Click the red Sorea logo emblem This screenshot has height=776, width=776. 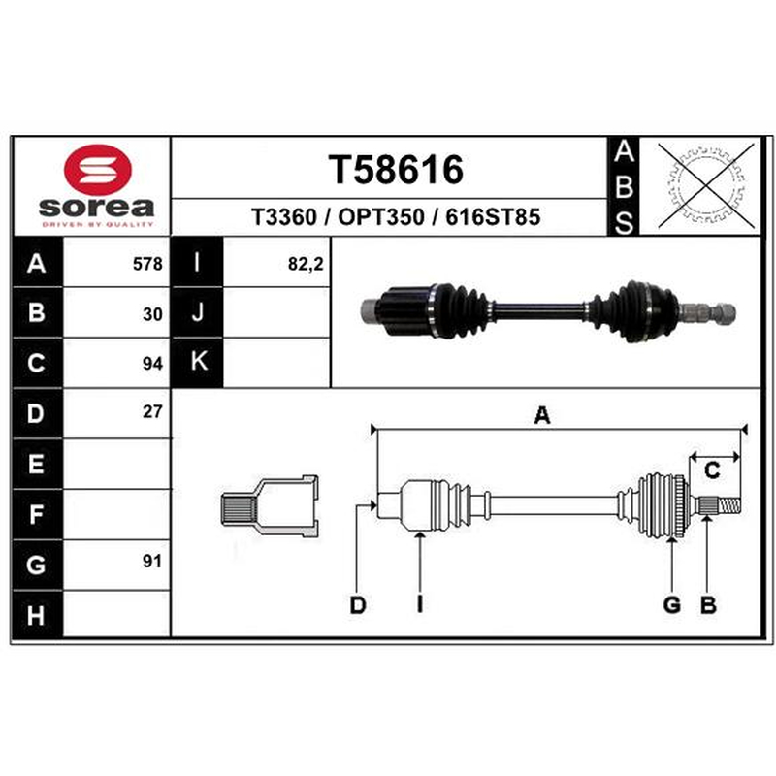(98, 169)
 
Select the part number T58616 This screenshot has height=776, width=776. (396, 169)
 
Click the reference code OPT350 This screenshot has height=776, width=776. (381, 217)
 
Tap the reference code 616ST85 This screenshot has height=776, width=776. (493, 217)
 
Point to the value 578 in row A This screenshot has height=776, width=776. (147, 264)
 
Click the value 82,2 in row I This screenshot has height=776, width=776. (306, 264)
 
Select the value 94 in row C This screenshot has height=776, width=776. (152, 364)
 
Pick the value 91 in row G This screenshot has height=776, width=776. (152, 562)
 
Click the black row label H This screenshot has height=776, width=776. (37, 615)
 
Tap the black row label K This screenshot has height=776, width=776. (198, 362)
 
